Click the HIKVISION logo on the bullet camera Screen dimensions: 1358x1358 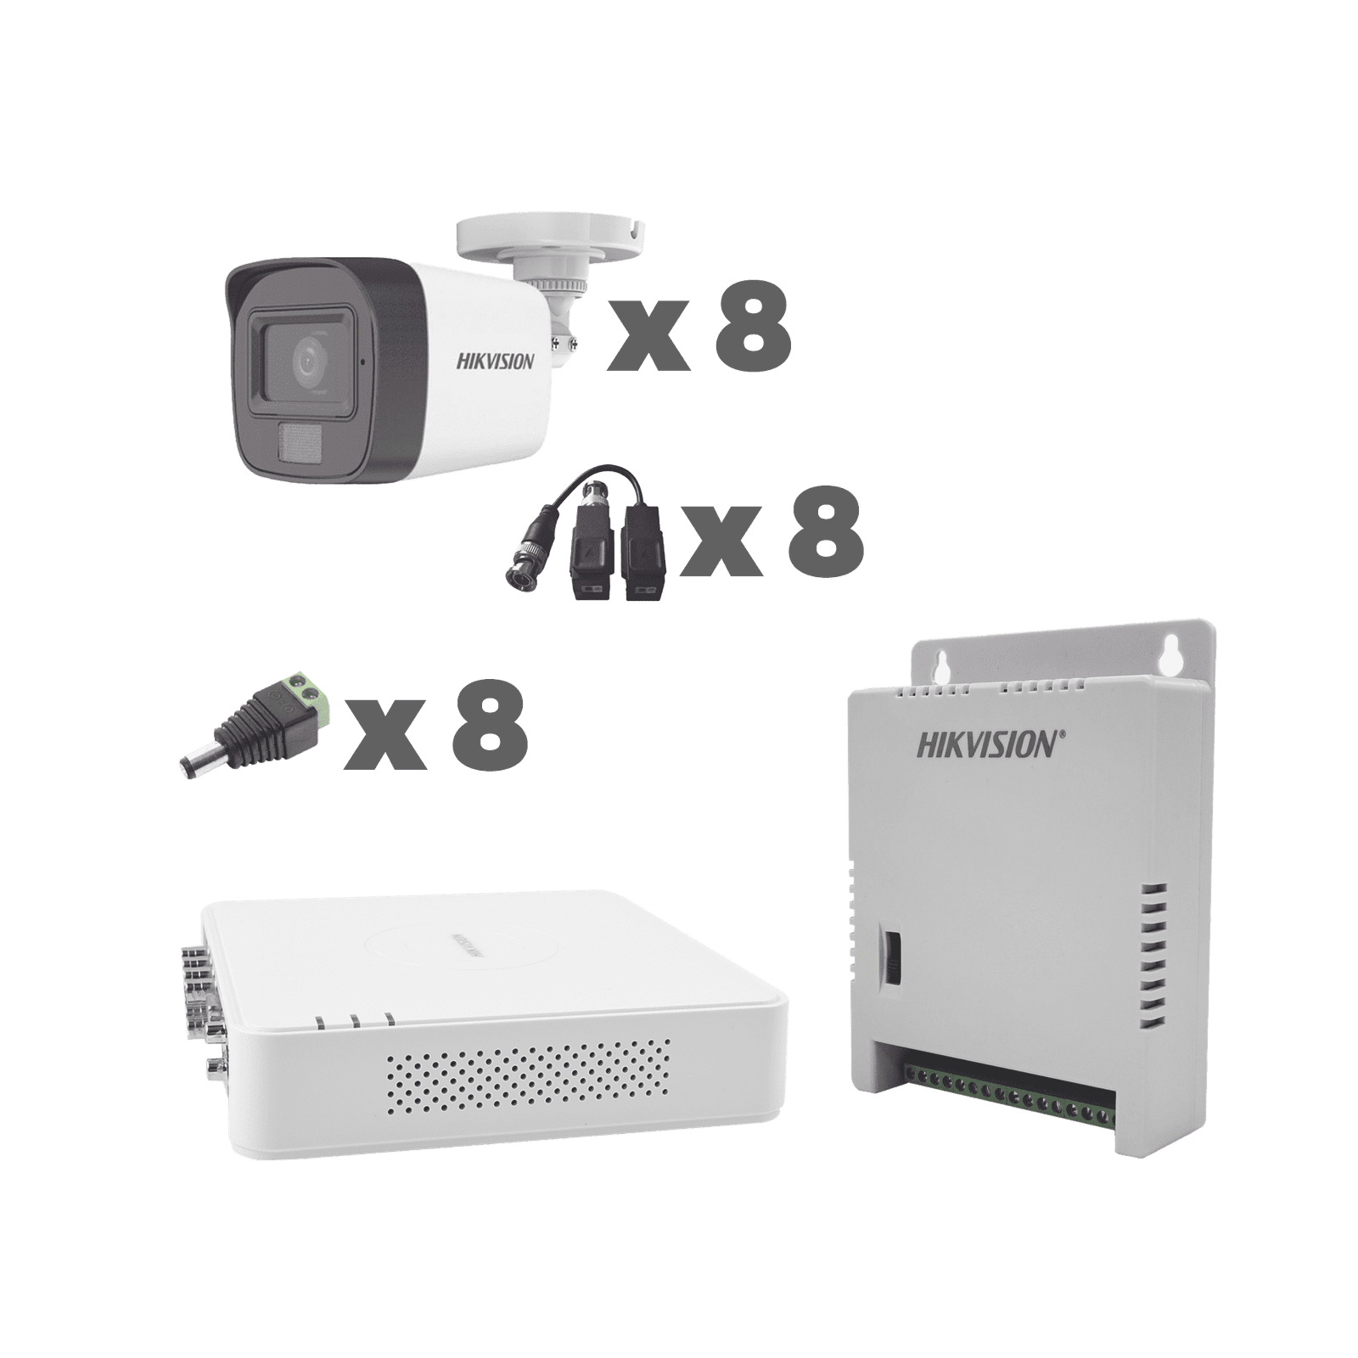[497, 362]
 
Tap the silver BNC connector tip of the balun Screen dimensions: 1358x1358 [518, 577]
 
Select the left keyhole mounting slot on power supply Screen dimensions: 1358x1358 [940, 648]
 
